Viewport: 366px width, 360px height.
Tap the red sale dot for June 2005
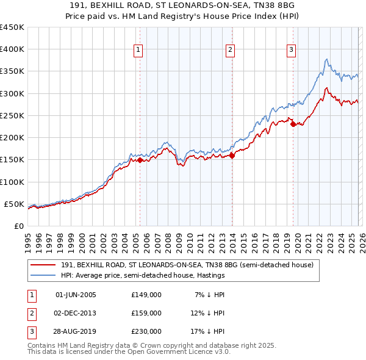tap(140, 160)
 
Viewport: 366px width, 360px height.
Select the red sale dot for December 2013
tap(232, 156)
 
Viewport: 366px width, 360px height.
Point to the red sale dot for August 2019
tap(293, 124)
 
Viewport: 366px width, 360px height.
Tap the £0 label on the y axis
tap(18, 226)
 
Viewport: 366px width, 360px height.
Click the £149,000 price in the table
tap(146, 295)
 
